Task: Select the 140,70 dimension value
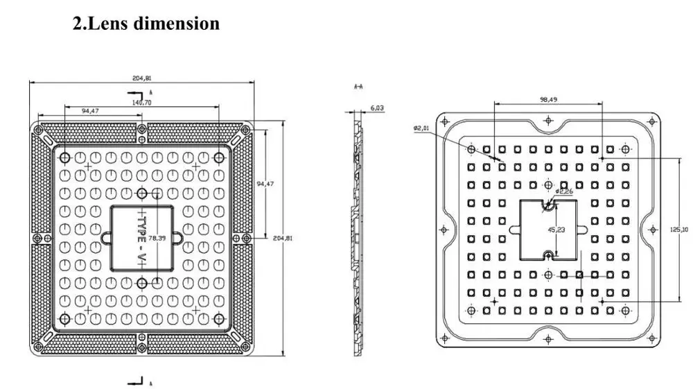pyautogui.click(x=141, y=102)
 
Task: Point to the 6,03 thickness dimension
pyautogui.click(x=377, y=107)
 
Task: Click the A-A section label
pyautogui.click(x=359, y=87)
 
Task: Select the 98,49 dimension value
pyautogui.click(x=548, y=99)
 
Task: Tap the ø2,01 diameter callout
pyautogui.click(x=421, y=128)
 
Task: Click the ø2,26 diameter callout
pyautogui.click(x=563, y=191)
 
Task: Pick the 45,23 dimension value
pyautogui.click(x=556, y=229)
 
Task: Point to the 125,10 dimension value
pyautogui.click(x=683, y=229)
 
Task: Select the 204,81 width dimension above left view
pyautogui.click(x=141, y=78)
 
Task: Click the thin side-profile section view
pyautogui.click(x=358, y=236)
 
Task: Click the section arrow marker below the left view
pyautogui.click(x=136, y=381)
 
